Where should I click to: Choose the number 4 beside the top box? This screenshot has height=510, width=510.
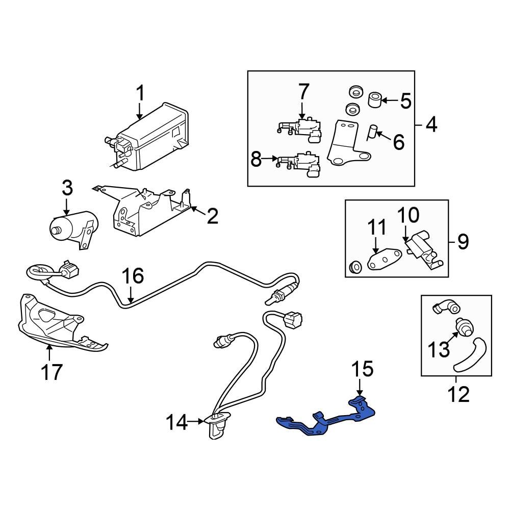pos(431,124)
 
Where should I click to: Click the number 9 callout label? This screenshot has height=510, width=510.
pos(462,241)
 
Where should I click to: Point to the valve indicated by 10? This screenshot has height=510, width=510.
pos(422,247)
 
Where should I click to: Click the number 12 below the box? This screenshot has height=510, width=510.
pos(456,394)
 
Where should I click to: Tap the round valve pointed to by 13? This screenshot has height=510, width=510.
pos(464,327)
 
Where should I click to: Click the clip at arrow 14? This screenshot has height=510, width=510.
pos(217,426)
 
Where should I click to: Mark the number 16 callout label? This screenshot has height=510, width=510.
pos(133,276)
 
